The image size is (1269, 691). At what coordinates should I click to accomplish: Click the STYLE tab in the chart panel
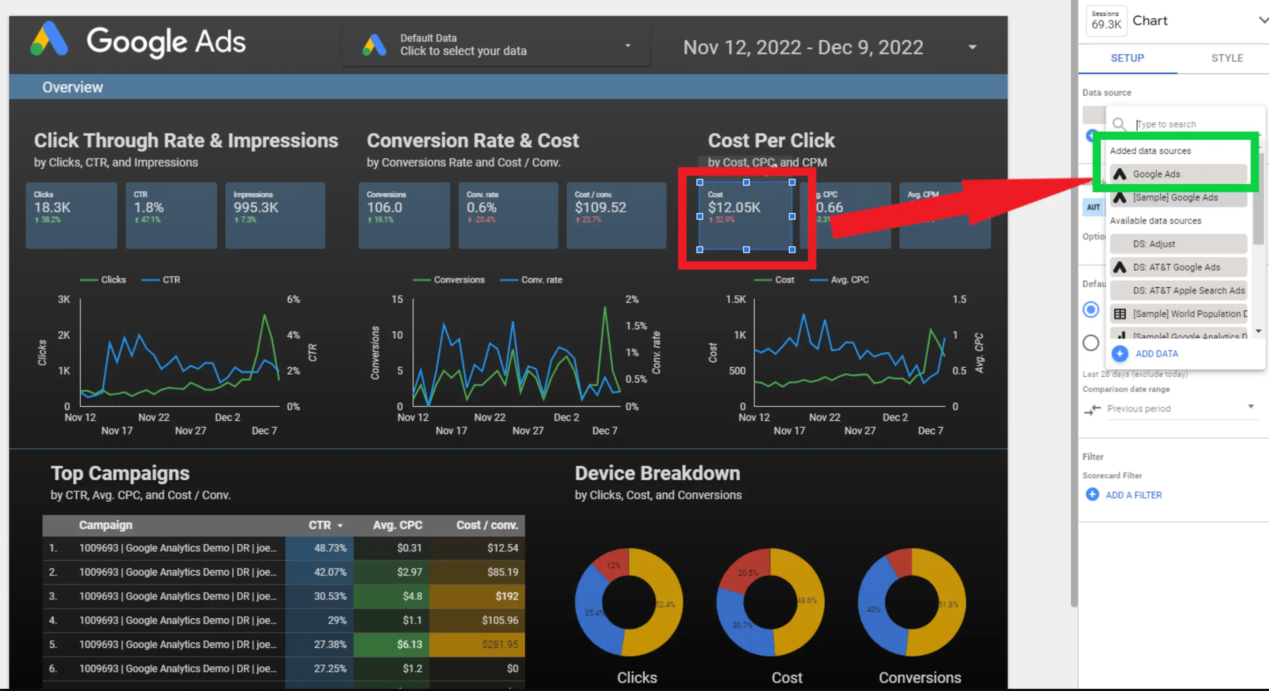point(1227,58)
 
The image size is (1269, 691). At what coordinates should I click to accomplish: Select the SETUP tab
point(1127,58)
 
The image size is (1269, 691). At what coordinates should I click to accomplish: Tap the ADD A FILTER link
point(1132,495)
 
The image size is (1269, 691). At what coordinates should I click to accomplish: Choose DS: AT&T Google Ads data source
point(1176,267)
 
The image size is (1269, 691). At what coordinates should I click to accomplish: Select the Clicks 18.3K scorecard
point(71,215)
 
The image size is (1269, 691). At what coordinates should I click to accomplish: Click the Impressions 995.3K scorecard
point(275,215)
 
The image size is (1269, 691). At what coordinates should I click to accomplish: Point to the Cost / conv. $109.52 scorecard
point(616,215)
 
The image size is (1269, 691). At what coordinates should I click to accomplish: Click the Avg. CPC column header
point(397,525)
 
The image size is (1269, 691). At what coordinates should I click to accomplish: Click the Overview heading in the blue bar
point(72,87)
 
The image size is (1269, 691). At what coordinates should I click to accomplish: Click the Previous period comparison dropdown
point(1180,408)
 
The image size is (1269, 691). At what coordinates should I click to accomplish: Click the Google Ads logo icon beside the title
point(49,39)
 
